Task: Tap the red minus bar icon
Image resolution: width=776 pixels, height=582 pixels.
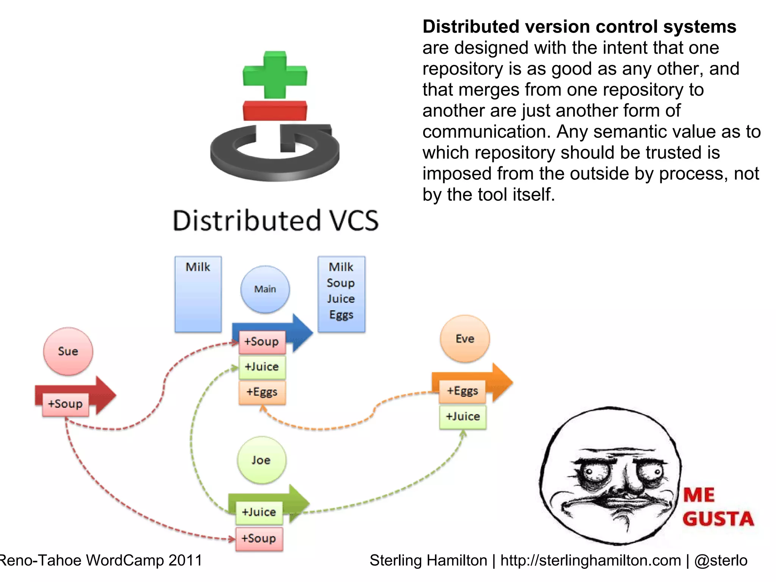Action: click(275, 111)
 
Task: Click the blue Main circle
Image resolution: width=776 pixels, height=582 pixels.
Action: click(265, 289)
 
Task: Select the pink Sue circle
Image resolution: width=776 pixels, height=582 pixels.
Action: click(68, 351)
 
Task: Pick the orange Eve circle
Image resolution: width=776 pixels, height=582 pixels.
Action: click(465, 339)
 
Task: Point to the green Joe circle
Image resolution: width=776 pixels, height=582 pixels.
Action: click(261, 460)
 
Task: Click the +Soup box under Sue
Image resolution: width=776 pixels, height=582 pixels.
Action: click(66, 404)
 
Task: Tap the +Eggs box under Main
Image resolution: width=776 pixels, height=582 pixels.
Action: click(262, 392)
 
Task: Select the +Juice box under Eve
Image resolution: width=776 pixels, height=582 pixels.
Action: click(463, 417)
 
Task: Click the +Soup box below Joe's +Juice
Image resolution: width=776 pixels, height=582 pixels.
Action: click(259, 538)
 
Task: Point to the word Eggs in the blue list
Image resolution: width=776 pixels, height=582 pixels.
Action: click(341, 315)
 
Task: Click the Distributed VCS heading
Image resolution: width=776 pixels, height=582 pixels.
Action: click(276, 221)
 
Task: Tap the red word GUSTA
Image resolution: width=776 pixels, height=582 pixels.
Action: click(718, 519)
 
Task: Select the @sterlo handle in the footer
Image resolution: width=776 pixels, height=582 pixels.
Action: click(721, 560)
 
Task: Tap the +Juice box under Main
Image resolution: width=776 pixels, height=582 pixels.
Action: click(262, 367)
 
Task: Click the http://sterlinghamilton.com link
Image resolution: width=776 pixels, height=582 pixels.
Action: click(590, 560)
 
